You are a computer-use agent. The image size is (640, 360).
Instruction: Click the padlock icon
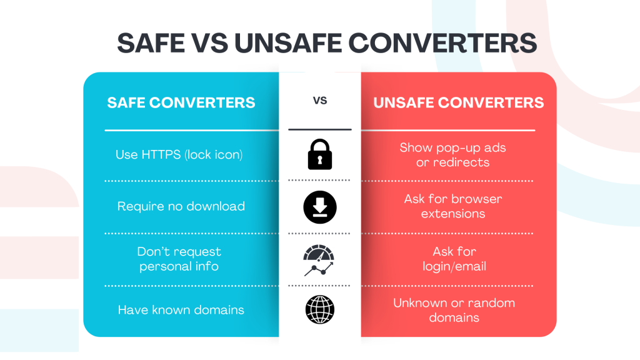coord(319,154)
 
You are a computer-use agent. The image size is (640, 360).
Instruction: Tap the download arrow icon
coord(320,207)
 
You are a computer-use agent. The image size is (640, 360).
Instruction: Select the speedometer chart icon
coord(319,260)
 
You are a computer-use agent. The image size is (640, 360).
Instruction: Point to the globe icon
coord(320,310)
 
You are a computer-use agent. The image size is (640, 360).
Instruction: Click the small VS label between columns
coord(320,101)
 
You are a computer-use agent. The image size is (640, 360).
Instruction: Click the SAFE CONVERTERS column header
coord(181,102)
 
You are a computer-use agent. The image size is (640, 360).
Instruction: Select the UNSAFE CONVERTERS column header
coord(458,102)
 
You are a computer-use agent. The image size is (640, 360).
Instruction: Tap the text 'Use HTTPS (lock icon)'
coord(179,155)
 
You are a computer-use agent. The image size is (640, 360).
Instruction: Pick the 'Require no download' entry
coord(181,206)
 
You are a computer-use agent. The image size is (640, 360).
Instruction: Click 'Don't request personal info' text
coord(179,259)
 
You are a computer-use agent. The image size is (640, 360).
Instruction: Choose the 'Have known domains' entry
coord(181,310)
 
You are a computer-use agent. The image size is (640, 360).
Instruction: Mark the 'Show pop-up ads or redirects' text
coord(452,155)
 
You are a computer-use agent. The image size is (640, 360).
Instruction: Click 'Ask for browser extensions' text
coord(453,206)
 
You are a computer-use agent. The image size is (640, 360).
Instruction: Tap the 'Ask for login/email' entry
coord(454,259)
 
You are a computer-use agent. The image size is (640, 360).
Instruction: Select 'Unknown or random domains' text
coord(454,310)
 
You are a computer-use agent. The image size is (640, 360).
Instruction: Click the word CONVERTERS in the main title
coord(443,43)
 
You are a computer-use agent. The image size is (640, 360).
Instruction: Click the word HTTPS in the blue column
coord(161,155)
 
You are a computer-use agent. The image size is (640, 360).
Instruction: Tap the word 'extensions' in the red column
coord(453,214)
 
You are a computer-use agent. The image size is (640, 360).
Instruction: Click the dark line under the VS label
coord(320,129)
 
